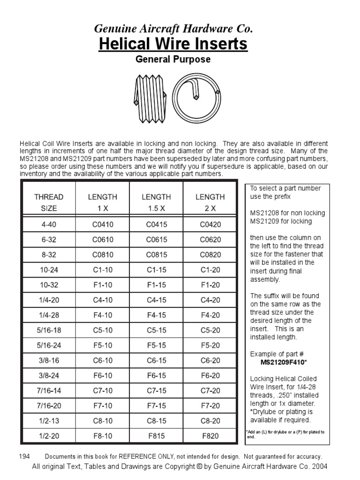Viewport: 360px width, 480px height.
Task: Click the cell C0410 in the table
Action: (103, 225)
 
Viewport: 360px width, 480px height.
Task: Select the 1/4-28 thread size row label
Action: (49, 315)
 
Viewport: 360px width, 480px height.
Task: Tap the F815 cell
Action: (157, 436)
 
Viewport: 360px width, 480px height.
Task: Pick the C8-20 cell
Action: (210, 421)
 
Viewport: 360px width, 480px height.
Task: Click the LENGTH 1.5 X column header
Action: (157, 202)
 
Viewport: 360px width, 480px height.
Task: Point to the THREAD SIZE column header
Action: (49, 202)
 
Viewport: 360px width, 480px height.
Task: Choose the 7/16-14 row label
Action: (49, 390)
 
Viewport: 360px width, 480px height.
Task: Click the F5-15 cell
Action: (157, 345)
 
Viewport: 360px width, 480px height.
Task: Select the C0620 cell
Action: (210, 240)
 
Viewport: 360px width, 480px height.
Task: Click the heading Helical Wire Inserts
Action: (173, 44)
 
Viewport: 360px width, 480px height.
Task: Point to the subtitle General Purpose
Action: (173, 60)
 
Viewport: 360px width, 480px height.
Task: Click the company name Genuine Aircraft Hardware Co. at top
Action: (173, 29)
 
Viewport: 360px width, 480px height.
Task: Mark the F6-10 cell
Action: (103, 375)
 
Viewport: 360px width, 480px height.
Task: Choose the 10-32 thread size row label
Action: (49, 285)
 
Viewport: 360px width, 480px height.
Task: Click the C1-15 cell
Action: (157, 270)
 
